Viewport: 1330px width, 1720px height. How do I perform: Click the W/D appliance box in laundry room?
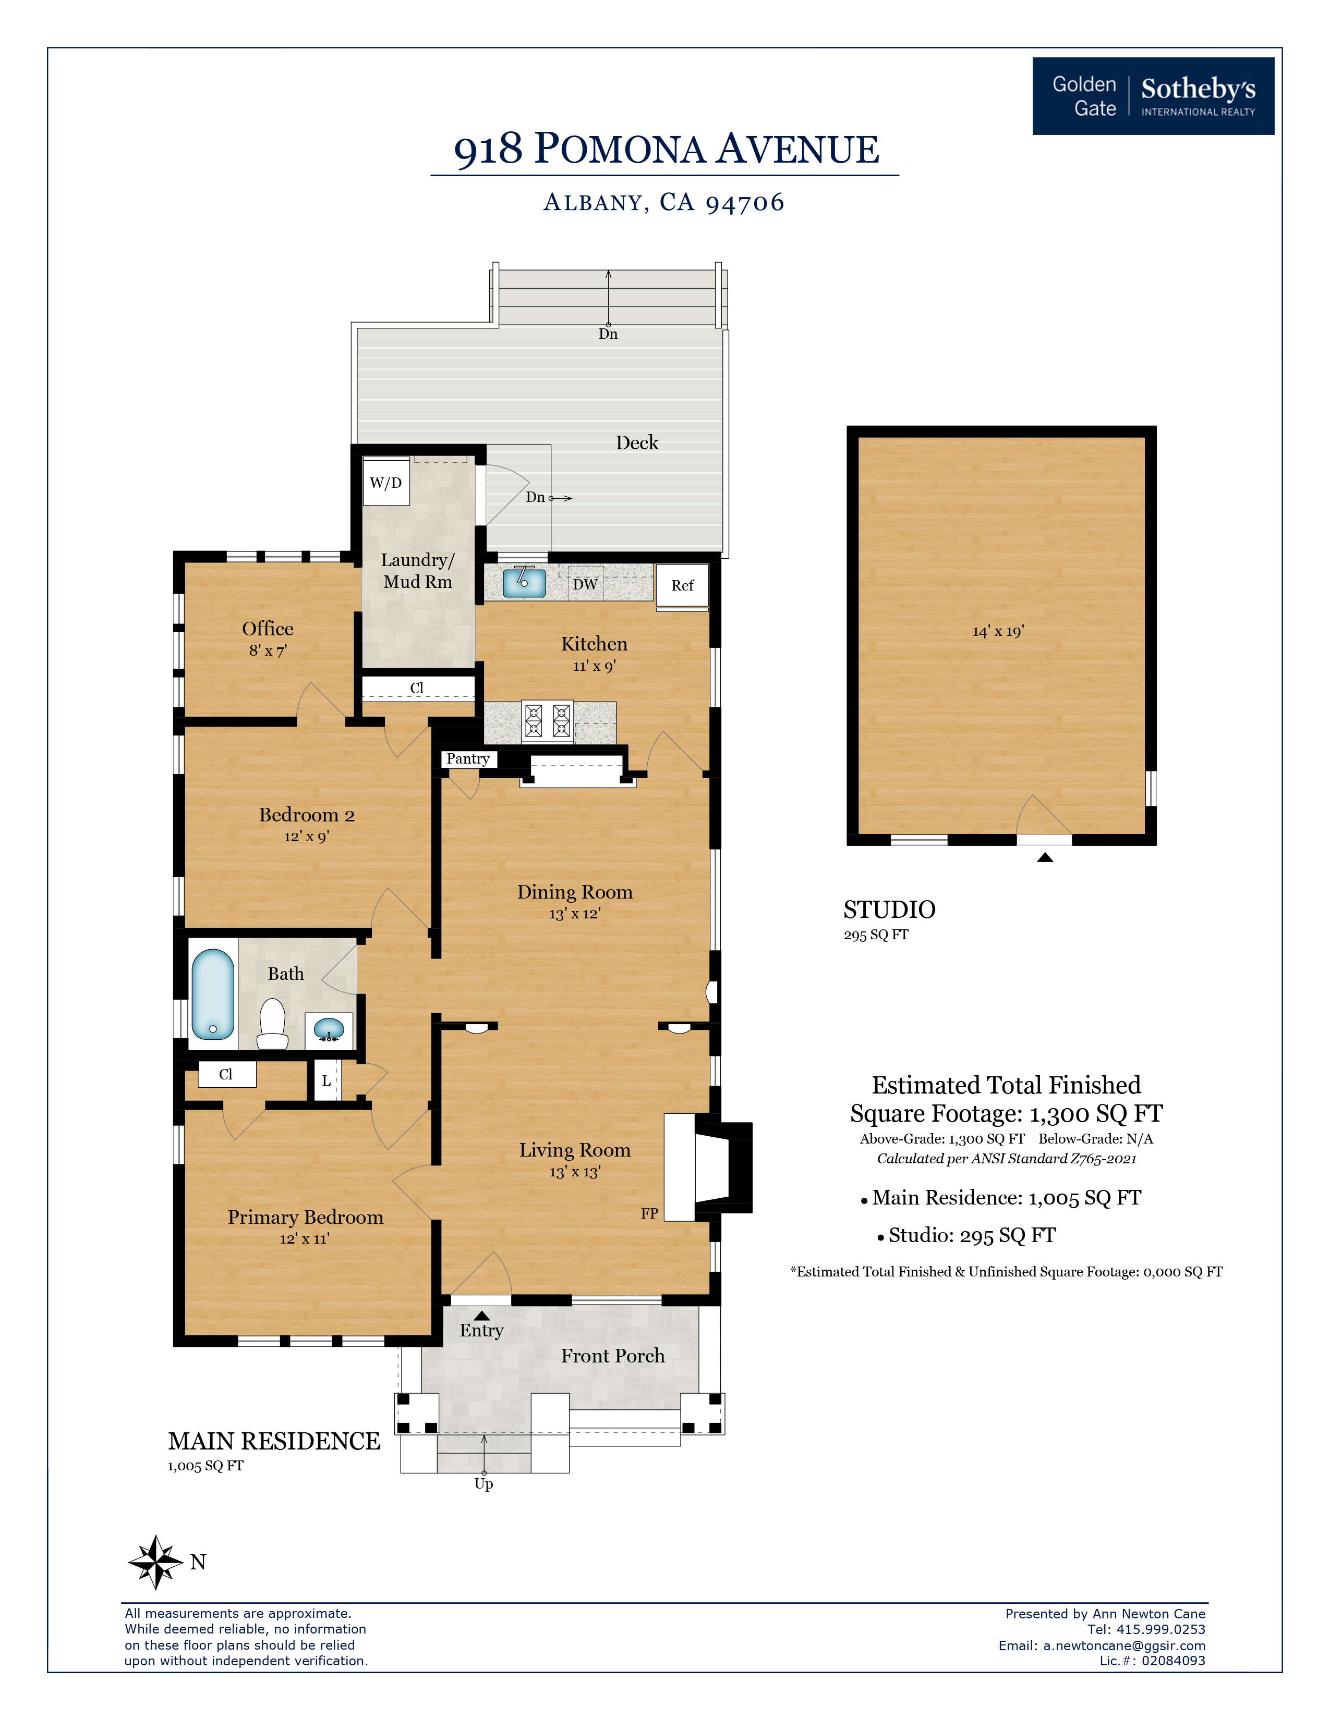(x=386, y=483)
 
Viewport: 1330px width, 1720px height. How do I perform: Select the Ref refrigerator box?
(x=682, y=586)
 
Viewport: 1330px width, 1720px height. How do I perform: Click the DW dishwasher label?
(x=585, y=584)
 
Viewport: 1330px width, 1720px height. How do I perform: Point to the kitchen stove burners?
(x=548, y=721)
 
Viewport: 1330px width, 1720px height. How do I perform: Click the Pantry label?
(x=468, y=758)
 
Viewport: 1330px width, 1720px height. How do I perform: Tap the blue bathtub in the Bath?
(x=213, y=994)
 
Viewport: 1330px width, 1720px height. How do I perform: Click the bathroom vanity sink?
(x=329, y=1028)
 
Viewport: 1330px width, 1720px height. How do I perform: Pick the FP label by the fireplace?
(x=649, y=1213)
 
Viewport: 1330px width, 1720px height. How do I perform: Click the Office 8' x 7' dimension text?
(x=268, y=650)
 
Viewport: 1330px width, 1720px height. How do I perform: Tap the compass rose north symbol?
(x=156, y=1562)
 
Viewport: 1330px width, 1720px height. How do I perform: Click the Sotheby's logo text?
(x=1198, y=89)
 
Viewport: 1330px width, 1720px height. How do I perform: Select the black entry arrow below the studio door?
(x=1045, y=857)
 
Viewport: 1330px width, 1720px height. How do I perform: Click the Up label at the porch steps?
(x=484, y=1484)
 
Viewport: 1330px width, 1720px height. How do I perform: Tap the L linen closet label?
(x=326, y=1082)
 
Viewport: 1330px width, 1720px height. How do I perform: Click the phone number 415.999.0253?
(x=1160, y=1629)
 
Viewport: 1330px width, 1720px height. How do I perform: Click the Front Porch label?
(x=612, y=1355)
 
